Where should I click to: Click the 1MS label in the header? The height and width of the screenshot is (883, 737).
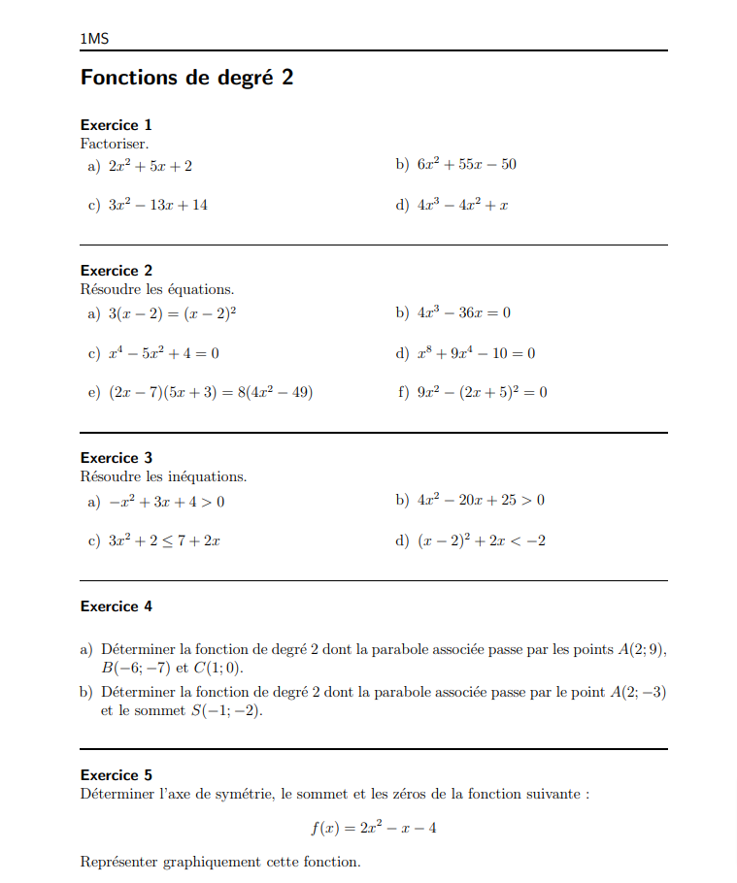pyautogui.click(x=94, y=39)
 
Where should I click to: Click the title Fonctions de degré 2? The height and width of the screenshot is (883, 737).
pyautogui.click(x=186, y=78)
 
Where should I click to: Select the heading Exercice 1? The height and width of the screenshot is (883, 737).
pyautogui.click(x=116, y=125)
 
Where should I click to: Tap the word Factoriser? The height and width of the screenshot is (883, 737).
pyautogui.click(x=115, y=144)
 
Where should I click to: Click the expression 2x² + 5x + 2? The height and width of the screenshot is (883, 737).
pyautogui.click(x=151, y=166)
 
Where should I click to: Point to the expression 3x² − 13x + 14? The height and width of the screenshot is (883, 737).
pyautogui.click(x=157, y=206)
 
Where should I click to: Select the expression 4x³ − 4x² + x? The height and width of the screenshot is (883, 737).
pyautogui.click(x=463, y=206)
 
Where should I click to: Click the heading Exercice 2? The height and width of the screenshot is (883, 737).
pyautogui.click(x=116, y=271)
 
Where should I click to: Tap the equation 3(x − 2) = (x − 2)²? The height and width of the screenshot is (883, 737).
pyautogui.click(x=173, y=312)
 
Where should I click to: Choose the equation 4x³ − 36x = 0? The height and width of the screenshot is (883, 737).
pyautogui.click(x=464, y=312)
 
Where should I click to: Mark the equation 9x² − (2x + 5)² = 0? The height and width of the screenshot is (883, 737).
pyautogui.click(x=483, y=393)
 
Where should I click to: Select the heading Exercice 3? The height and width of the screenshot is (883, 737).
pyautogui.click(x=116, y=458)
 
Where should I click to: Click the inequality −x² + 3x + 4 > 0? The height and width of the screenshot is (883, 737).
pyautogui.click(x=166, y=501)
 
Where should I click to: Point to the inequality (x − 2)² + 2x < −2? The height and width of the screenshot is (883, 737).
pyautogui.click(x=482, y=541)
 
